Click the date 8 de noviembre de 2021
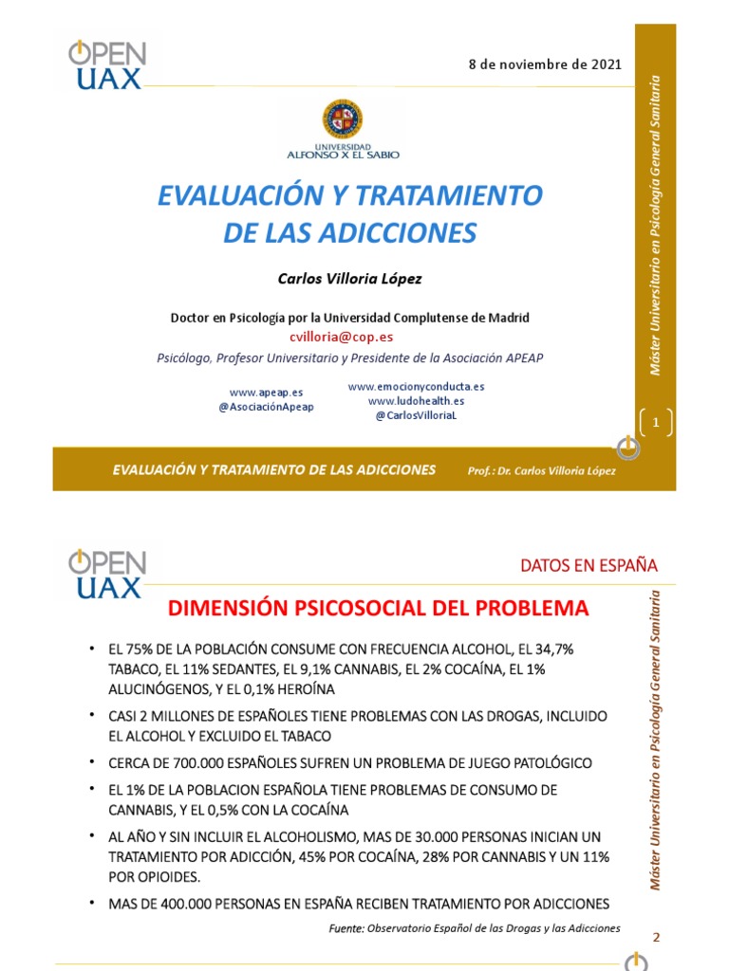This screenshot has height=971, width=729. point(545,64)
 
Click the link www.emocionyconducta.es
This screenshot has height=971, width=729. point(416,387)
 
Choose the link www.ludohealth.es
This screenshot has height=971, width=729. point(416,401)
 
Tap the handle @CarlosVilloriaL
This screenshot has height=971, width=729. point(416,415)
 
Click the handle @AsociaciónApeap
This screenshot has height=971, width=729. point(266,406)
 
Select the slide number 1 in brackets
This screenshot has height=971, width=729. point(655,423)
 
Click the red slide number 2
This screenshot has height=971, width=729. point(655,937)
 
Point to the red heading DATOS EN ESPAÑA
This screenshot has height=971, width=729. point(589,566)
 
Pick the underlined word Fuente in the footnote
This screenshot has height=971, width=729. point(346,928)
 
